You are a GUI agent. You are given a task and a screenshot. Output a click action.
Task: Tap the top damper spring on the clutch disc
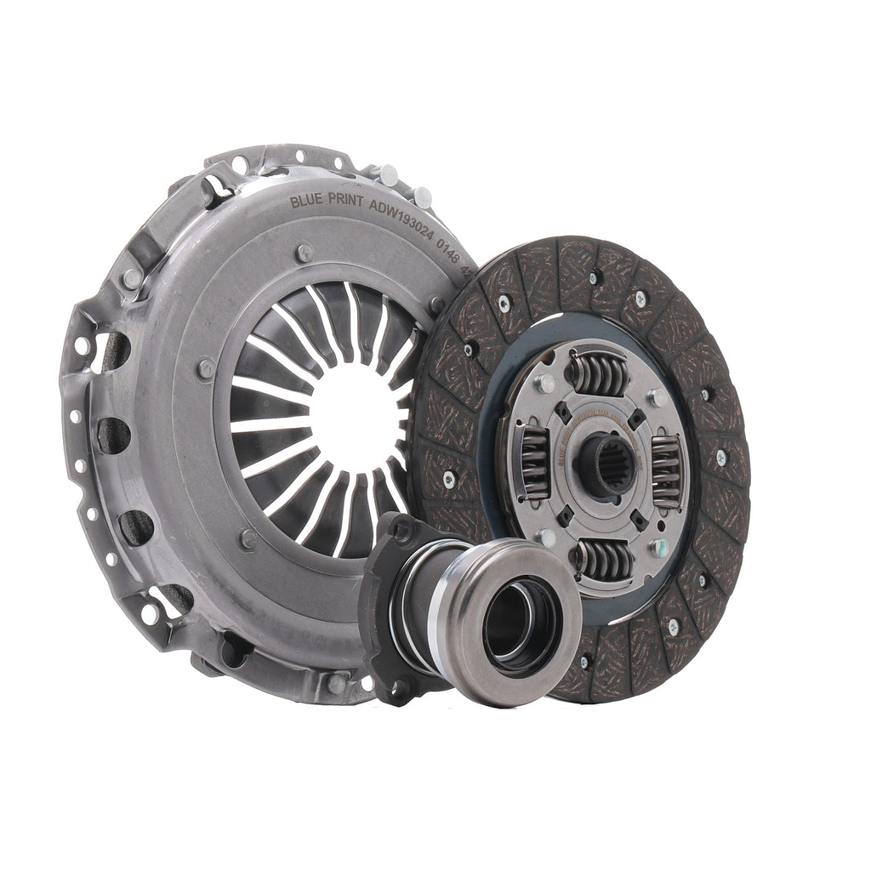click(x=598, y=371)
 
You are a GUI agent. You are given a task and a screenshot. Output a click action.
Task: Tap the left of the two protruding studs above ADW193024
click(x=387, y=174)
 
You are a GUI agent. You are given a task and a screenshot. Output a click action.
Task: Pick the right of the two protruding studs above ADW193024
click(x=423, y=196)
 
